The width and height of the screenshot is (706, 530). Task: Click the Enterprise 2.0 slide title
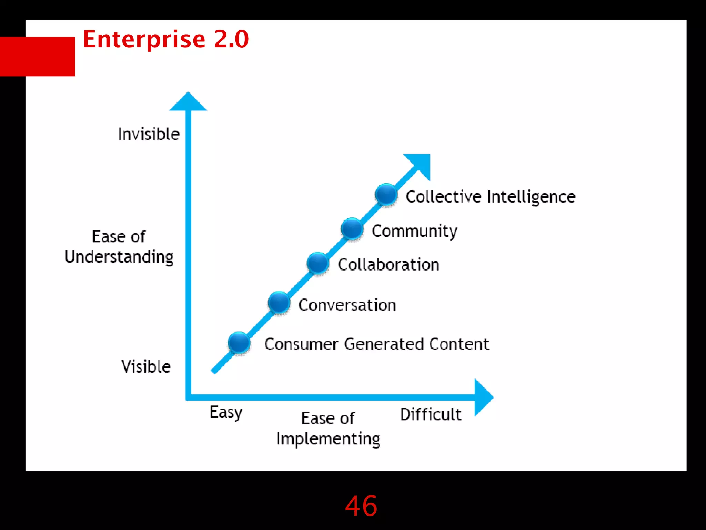[165, 39]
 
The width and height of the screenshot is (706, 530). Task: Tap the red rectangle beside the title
[38, 56]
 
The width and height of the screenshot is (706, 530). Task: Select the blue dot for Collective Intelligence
[386, 194]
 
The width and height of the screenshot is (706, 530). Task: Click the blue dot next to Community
[352, 228]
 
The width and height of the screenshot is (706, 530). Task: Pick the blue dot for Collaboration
[317, 263]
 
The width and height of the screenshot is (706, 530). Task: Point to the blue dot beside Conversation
[279, 302]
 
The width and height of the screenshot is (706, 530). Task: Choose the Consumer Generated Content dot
[239, 343]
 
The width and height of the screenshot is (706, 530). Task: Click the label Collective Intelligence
[490, 197]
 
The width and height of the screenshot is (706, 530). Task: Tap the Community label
[414, 231]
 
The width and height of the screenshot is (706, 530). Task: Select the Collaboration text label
[389, 265]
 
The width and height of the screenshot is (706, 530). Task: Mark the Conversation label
[347, 305]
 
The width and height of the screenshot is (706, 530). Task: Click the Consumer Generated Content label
[376, 344]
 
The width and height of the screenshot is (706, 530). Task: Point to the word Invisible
[149, 134]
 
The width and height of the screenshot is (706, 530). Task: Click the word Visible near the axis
[146, 366]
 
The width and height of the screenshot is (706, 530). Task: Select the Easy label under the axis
[226, 412]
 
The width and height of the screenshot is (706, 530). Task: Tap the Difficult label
[431, 414]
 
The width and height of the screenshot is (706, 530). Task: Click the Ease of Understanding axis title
[119, 246]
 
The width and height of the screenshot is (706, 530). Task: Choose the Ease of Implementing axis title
[328, 429]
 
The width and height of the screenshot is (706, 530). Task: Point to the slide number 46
[361, 506]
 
